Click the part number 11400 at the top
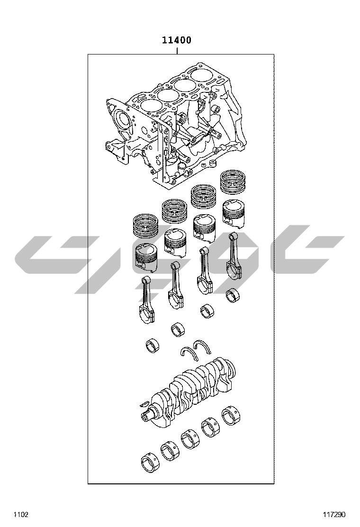177,40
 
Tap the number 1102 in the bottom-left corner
21,514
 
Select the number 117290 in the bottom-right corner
334,514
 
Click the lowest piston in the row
145,257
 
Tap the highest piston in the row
234,212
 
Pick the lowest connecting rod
147,300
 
